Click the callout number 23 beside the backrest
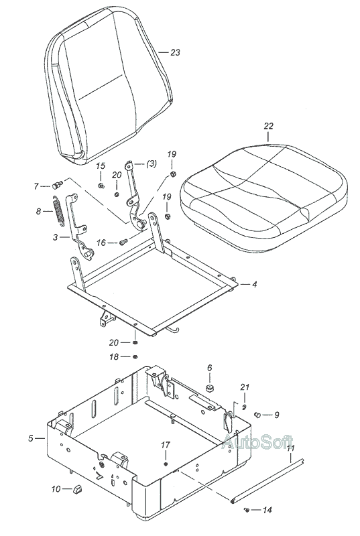[175, 52]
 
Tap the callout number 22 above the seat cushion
[268, 126]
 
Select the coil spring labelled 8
[58, 210]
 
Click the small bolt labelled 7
[57, 186]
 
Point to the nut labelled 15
[101, 186]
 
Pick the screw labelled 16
[123, 242]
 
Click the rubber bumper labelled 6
[210, 389]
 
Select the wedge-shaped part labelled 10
[77, 489]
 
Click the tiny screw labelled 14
[246, 510]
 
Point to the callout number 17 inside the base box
[166, 445]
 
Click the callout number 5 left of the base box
[31, 438]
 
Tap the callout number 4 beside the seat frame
[254, 284]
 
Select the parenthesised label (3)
[152, 163]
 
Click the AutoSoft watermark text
[257, 442]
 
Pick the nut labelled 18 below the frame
[135, 357]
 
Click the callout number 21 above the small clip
[245, 387]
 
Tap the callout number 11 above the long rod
[290, 448]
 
